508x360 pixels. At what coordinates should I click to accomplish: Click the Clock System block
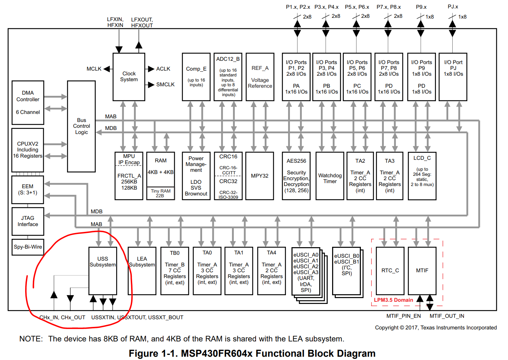[129, 77]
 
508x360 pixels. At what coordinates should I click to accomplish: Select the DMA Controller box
[28, 103]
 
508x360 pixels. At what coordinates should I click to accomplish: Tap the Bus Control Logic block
[81, 126]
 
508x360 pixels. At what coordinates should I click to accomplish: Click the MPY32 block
[260, 176]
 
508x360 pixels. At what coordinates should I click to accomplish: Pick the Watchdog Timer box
[330, 176]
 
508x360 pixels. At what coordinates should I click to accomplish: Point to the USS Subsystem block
[103, 271]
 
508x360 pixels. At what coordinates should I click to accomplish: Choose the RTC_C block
[390, 271]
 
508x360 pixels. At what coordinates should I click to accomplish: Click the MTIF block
[422, 271]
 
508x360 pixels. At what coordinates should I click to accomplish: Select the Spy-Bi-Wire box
[28, 247]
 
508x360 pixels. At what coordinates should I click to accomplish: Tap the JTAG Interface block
[28, 221]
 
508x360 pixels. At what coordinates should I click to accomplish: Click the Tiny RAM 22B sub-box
[161, 193]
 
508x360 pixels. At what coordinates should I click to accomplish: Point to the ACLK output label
[163, 69]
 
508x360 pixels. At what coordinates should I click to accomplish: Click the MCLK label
[94, 69]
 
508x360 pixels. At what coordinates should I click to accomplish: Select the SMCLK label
[165, 84]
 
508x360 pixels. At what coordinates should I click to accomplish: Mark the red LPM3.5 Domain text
[394, 300]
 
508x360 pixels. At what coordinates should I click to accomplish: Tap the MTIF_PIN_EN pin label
[404, 316]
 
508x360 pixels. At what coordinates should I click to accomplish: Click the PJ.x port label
[453, 7]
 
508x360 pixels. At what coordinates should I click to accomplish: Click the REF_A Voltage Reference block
[260, 77]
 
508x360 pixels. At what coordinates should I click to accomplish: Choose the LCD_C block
[422, 176]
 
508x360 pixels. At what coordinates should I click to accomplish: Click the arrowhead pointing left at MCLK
[107, 69]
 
